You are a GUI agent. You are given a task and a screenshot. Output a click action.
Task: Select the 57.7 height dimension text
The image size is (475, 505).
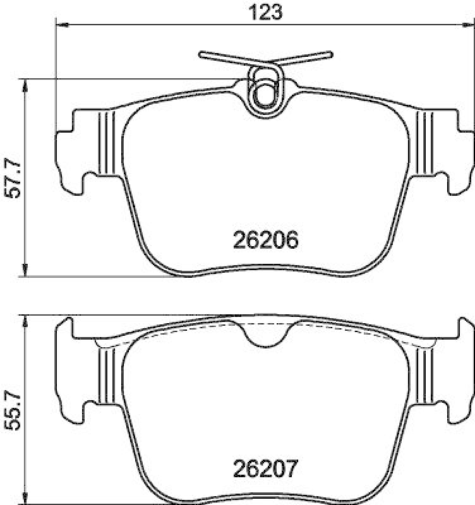pyautogui.click(x=15, y=179)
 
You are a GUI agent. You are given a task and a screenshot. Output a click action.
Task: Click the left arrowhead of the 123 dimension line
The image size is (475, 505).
pyautogui.click(x=61, y=25)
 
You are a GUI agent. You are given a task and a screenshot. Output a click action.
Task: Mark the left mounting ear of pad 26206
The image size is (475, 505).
pyautogui.click(x=71, y=155)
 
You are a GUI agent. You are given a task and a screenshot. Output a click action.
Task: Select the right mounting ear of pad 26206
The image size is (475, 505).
pyautogui.click(x=459, y=155)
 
